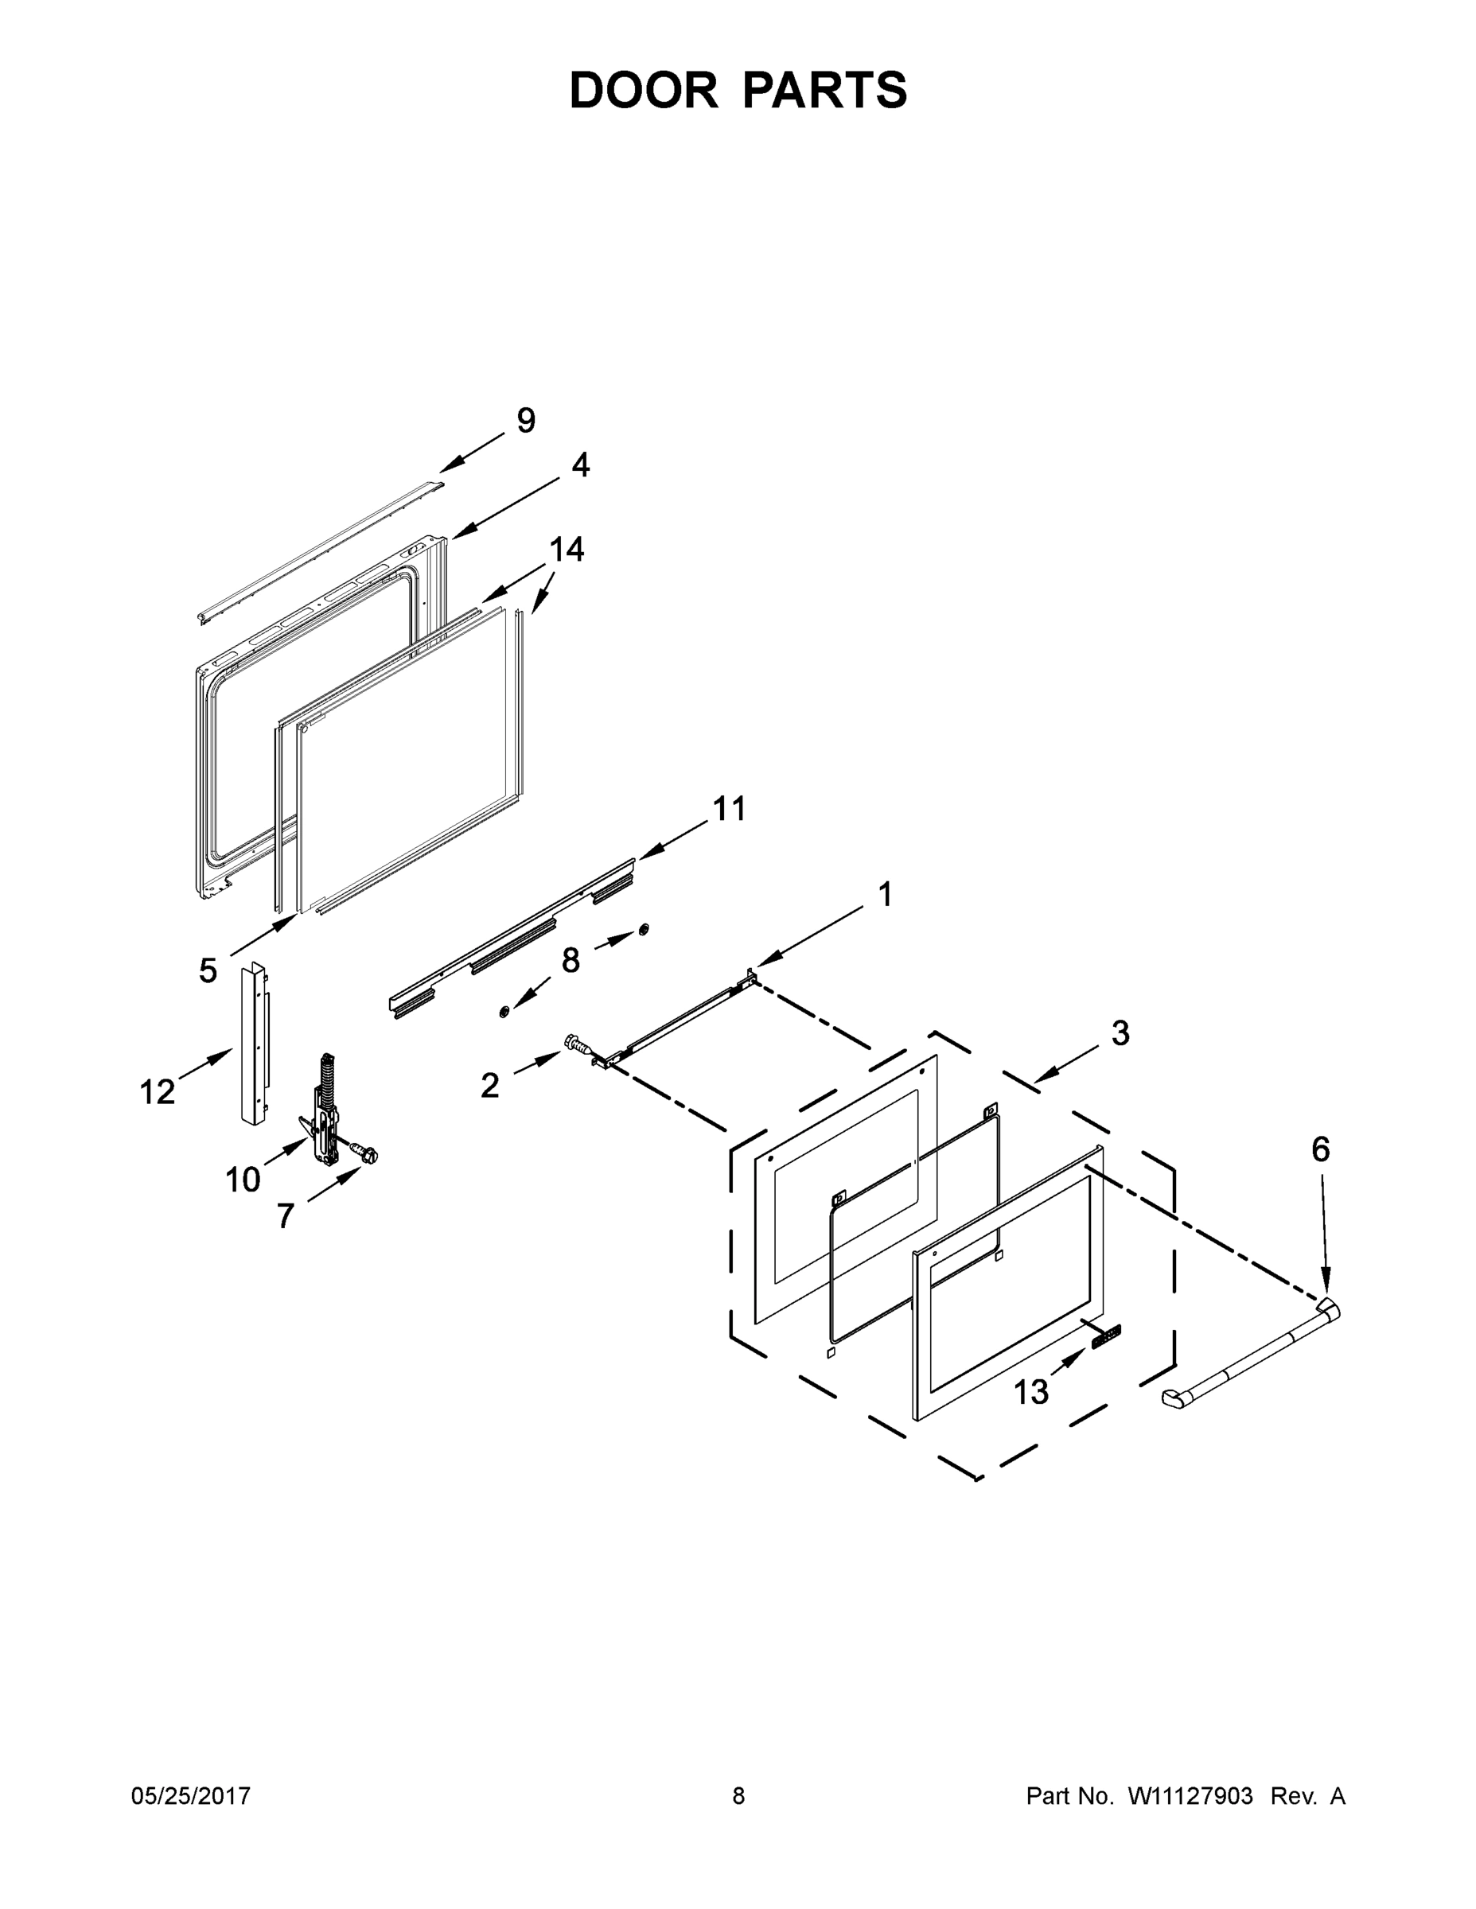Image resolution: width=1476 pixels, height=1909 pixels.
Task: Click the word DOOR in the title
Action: (644, 90)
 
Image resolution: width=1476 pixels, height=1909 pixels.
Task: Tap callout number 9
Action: (525, 421)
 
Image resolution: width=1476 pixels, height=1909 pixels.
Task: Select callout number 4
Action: (581, 465)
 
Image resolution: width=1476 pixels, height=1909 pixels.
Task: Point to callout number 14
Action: (566, 549)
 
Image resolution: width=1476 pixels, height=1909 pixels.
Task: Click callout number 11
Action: (730, 808)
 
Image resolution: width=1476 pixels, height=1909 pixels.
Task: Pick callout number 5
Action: (207, 970)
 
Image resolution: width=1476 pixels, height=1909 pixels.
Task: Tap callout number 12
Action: (158, 1092)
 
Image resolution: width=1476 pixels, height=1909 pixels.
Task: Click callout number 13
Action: (1030, 1391)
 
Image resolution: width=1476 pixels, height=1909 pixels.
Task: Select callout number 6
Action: (1320, 1149)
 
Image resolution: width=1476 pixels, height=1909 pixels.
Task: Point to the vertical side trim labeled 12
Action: (253, 1044)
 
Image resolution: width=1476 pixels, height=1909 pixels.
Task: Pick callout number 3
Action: (1120, 1033)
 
